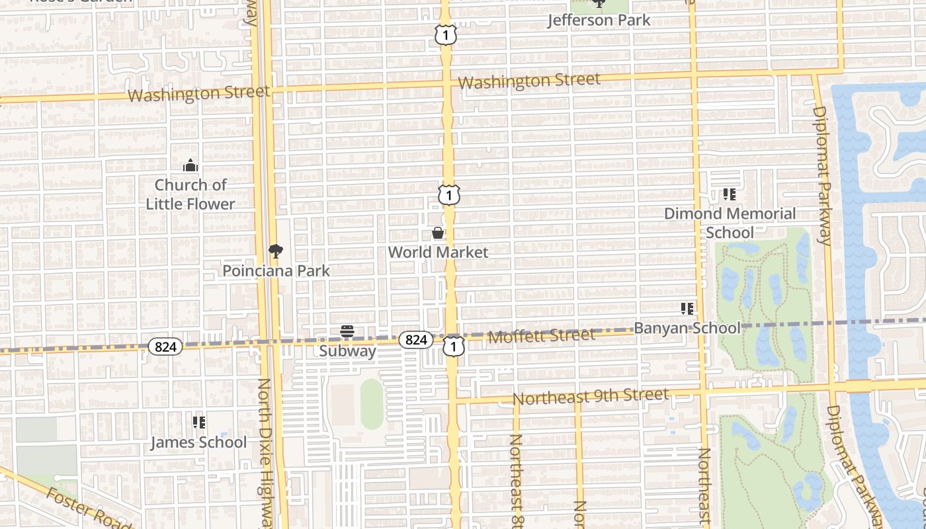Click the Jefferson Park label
click(x=599, y=20)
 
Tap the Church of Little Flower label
click(x=190, y=194)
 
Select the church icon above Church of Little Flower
click(x=190, y=165)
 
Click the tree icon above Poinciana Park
click(x=276, y=251)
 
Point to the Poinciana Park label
click(x=276, y=270)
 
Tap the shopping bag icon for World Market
click(x=438, y=233)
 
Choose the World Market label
click(x=438, y=252)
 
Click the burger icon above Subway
click(x=347, y=331)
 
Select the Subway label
click(x=347, y=350)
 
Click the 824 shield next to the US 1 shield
click(x=415, y=340)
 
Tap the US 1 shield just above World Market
click(x=449, y=195)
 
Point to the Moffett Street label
click(x=541, y=336)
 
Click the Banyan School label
click(x=687, y=328)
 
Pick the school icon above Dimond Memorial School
click(x=730, y=194)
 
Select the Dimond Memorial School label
click(x=730, y=223)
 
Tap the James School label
click(x=198, y=442)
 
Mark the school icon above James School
click(x=198, y=422)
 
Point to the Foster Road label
click(x=88, y=508)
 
